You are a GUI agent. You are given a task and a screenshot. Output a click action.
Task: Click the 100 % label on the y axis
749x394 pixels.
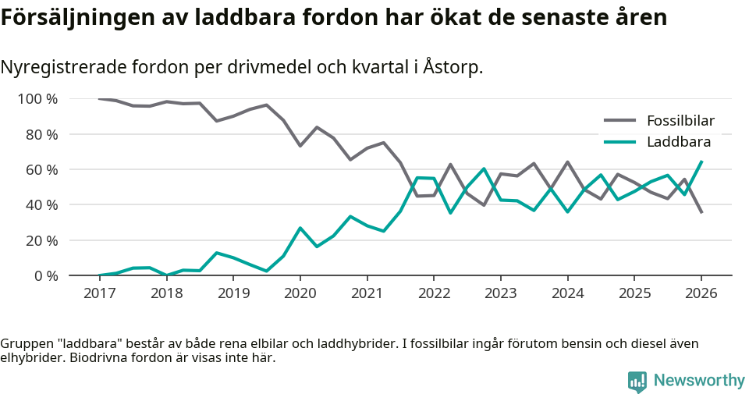tap(37, 99)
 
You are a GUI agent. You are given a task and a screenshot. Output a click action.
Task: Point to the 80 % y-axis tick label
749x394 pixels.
tap(41, 134)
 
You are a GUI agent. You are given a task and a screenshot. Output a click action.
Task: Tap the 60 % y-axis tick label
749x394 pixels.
tap(41, 169)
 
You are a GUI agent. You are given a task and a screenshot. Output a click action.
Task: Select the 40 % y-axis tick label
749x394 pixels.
tap(41, 205)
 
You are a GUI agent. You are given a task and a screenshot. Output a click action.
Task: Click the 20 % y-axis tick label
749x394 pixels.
tap(41, 240)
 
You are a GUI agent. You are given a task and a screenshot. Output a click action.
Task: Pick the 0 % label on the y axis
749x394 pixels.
tap(45, 275)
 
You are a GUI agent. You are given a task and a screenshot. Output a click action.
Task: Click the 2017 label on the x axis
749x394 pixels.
tap(99, 293)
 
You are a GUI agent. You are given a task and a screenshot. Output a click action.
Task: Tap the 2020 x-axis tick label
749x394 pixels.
tap(300, 293)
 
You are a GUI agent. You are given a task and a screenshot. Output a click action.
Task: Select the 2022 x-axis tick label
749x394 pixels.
tap(433, 293)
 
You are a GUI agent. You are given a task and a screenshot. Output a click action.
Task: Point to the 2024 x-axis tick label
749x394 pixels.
tap(567, 293)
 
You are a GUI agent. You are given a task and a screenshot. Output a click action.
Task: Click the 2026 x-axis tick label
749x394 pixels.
tap(701, 293)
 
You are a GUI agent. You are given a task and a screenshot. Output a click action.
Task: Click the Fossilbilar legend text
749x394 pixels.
tap(680, 121)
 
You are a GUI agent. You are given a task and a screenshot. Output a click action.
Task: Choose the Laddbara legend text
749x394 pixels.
tap(678, 142)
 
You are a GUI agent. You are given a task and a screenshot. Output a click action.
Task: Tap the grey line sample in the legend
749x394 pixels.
tap(620, 121)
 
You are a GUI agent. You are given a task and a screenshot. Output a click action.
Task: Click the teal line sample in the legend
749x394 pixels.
tap(620, 142)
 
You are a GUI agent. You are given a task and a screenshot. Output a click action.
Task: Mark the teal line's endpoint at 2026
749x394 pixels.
tap(701, 162)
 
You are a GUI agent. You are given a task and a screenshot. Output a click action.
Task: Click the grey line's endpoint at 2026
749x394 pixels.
tap(701, 212)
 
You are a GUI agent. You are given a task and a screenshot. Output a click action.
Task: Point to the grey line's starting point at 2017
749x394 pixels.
tap(99, 99)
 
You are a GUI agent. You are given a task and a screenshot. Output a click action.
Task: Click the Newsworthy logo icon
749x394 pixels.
tap(637, 381)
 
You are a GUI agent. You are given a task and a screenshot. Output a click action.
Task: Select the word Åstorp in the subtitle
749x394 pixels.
tap(453, 68)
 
